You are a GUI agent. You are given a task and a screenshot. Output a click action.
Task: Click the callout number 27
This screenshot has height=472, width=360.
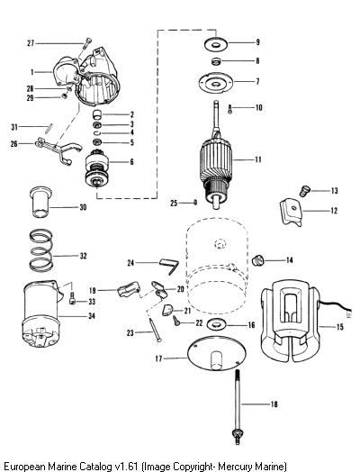click(31, 43)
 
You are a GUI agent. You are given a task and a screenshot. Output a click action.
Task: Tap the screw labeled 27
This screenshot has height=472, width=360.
click(87, 43)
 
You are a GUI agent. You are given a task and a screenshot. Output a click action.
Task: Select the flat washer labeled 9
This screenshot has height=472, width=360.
click(216, 44)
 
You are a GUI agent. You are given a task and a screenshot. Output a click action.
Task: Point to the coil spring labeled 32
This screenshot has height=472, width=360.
click(41, 250)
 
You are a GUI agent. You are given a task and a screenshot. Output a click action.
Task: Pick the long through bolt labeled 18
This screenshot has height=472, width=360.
click(238, 406)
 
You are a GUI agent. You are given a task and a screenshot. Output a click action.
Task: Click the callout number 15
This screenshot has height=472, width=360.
click(339, 326)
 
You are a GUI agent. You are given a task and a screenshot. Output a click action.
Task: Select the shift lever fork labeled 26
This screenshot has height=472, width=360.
click(58, 150)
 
